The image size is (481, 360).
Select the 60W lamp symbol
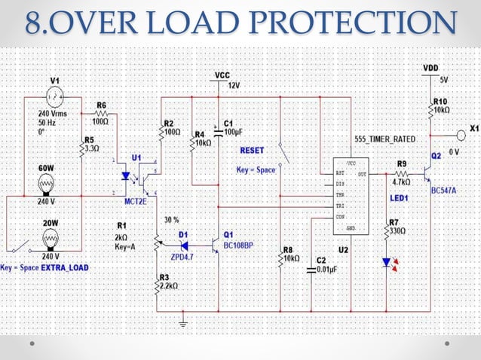pyautogui.click(x=47, y=184)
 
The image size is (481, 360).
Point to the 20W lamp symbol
pyautogui.click(x=50, y=239)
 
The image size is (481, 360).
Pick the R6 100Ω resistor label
pyautogui.click(x=101, y=112)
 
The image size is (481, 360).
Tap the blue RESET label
pyautogui.click(x=253, y=150)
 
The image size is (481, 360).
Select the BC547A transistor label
pyautogui.click(x=445, y=191)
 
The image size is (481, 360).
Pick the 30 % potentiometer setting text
pyautogui.click(x=172, y=219)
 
